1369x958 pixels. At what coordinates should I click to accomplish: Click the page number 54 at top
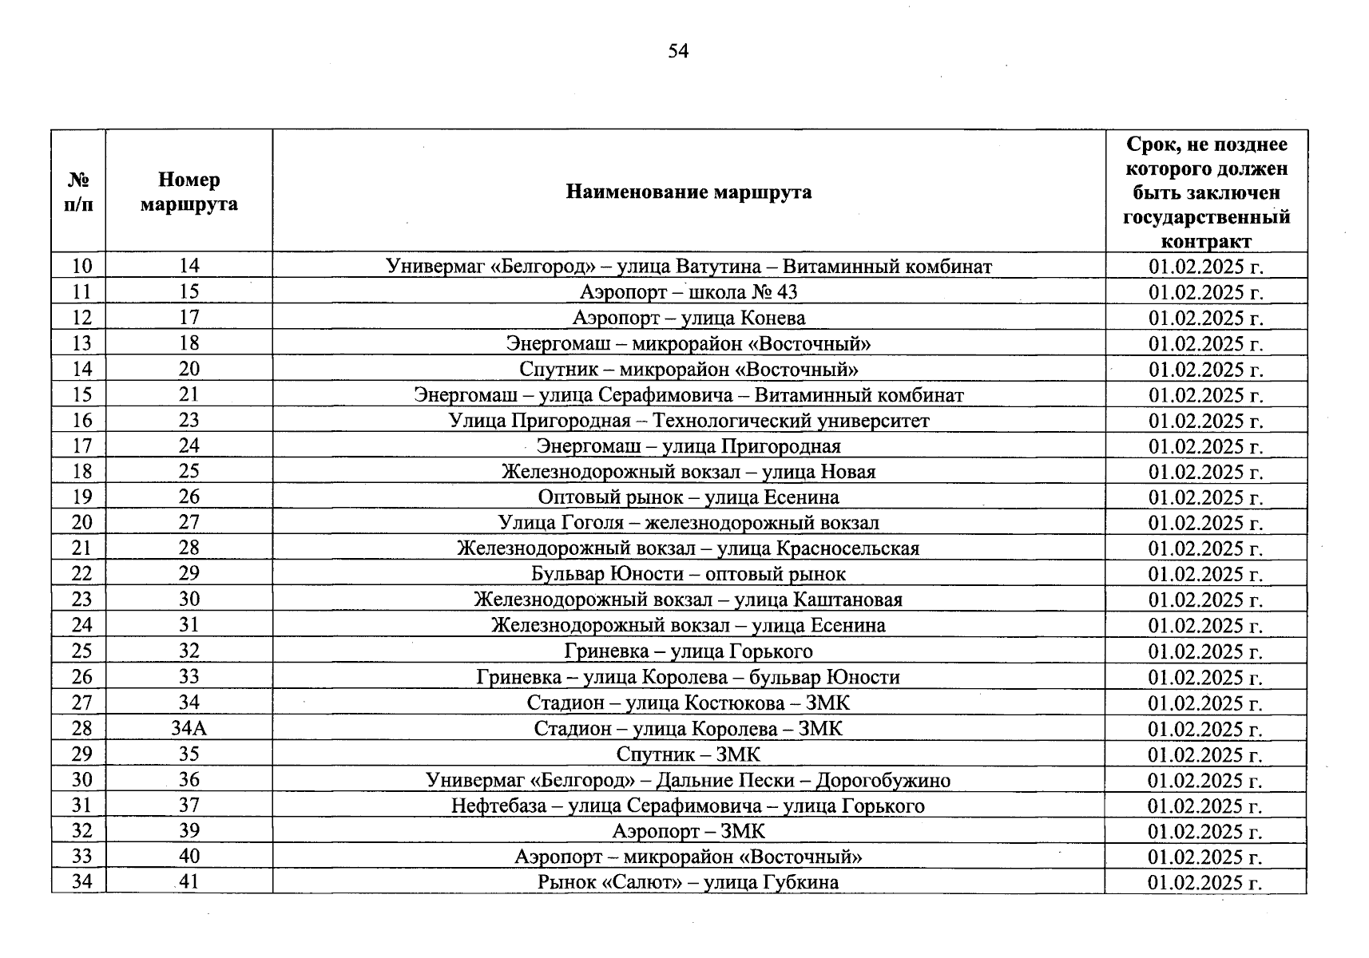pyautogui.click(x=678, y=52)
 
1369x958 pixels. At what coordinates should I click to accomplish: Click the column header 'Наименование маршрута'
pyautogui.click(x=688, y=192)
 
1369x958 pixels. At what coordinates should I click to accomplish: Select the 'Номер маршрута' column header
pyautogui.click(x=189, y=192)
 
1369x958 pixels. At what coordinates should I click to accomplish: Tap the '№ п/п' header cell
pyautogui.click(x=78, y=192)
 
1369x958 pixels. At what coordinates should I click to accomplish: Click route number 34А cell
pyautogui.click(x=189, y=729)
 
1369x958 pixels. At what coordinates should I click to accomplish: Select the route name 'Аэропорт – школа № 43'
pyautogui.click(x=688, y=292)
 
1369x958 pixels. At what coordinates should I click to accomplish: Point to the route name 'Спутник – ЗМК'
pyautogui.click(x=688, y=754)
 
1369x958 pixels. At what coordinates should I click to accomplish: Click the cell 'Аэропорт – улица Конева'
pyautogui.click(x=688, y=318)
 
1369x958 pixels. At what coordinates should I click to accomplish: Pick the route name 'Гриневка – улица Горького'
pyautogui.click(x=688, y=651)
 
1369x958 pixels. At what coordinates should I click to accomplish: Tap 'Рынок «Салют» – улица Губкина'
pyautogui.click(x=688, y=882)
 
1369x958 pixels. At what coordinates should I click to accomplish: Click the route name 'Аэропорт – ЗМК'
pyautogui.click(x=688, y=831)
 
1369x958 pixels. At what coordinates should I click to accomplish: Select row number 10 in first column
pyautogui.click(x=82, y=266)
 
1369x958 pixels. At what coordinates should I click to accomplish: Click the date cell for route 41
pyautogui.click(x=1205, y=882)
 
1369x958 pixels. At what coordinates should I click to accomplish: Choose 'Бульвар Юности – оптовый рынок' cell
pyautogui.click(x=688, y=574)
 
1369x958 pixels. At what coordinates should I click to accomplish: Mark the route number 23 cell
pyautogui.click(x=189, y=421)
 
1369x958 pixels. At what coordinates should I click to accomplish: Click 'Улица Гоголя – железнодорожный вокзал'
pyautogui.click(x=688, y=523)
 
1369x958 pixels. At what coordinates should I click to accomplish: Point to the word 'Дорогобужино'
pyautogui.click(x=883, y=780)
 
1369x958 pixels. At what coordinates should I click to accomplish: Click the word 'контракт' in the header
pyautogui.click(x=1206, y=241)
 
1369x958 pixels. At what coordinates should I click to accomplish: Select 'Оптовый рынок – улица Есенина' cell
pyautogui.click(x=688, y=497)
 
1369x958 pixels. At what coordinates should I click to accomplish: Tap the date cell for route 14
pyautogui.click(x=1205, y=266)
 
